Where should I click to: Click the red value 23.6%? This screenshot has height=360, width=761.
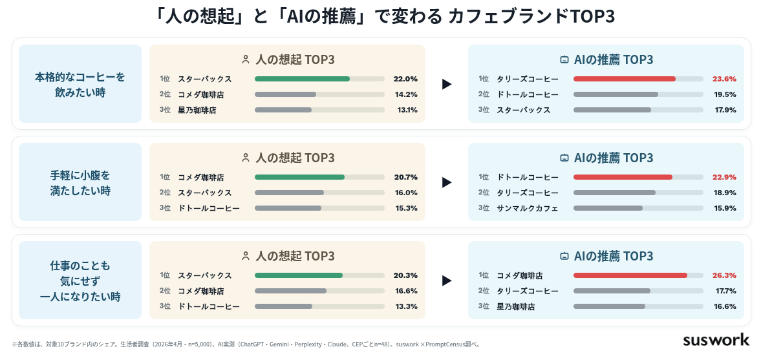724,79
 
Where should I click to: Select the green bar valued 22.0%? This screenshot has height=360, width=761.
302,79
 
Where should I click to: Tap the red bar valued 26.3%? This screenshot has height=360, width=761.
630,275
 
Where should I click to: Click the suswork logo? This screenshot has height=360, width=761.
716,339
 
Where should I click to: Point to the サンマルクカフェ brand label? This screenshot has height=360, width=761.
527,208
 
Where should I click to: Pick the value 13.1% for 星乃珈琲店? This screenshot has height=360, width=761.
407,110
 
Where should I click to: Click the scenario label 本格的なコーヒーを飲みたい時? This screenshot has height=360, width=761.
80,85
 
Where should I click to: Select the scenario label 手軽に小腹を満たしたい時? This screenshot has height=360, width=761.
80,182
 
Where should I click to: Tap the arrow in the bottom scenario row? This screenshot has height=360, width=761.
447,281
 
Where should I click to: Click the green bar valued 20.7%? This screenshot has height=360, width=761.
299,177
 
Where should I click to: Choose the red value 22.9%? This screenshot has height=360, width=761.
724,177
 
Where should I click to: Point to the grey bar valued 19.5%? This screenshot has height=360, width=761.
616,94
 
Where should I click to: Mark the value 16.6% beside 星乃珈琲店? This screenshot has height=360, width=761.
725,306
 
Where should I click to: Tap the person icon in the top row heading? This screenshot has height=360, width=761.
246,59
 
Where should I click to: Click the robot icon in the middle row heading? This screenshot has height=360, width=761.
564,158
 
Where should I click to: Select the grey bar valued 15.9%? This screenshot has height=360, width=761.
608,208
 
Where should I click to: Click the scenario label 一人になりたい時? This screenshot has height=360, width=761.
80,297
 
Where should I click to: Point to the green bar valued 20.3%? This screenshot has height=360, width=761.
299,275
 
